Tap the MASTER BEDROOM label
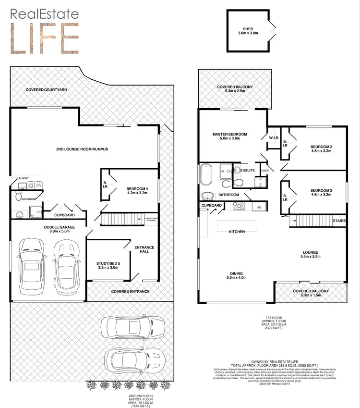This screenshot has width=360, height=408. pos(230,134)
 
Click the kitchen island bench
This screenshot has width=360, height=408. pos(237,225)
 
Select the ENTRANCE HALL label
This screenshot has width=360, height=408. pos(144,250)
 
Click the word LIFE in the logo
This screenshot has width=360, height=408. pos(45,37)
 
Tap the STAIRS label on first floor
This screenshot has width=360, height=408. pos(339,221)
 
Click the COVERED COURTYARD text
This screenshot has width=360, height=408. pos(46,90)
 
